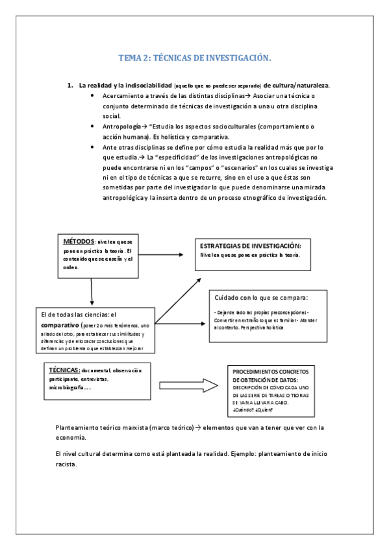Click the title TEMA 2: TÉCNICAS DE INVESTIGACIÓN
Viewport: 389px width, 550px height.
194,58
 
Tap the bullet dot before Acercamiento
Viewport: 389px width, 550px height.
95,96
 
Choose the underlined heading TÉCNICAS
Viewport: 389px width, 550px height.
64,369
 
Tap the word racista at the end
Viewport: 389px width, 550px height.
67,465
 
